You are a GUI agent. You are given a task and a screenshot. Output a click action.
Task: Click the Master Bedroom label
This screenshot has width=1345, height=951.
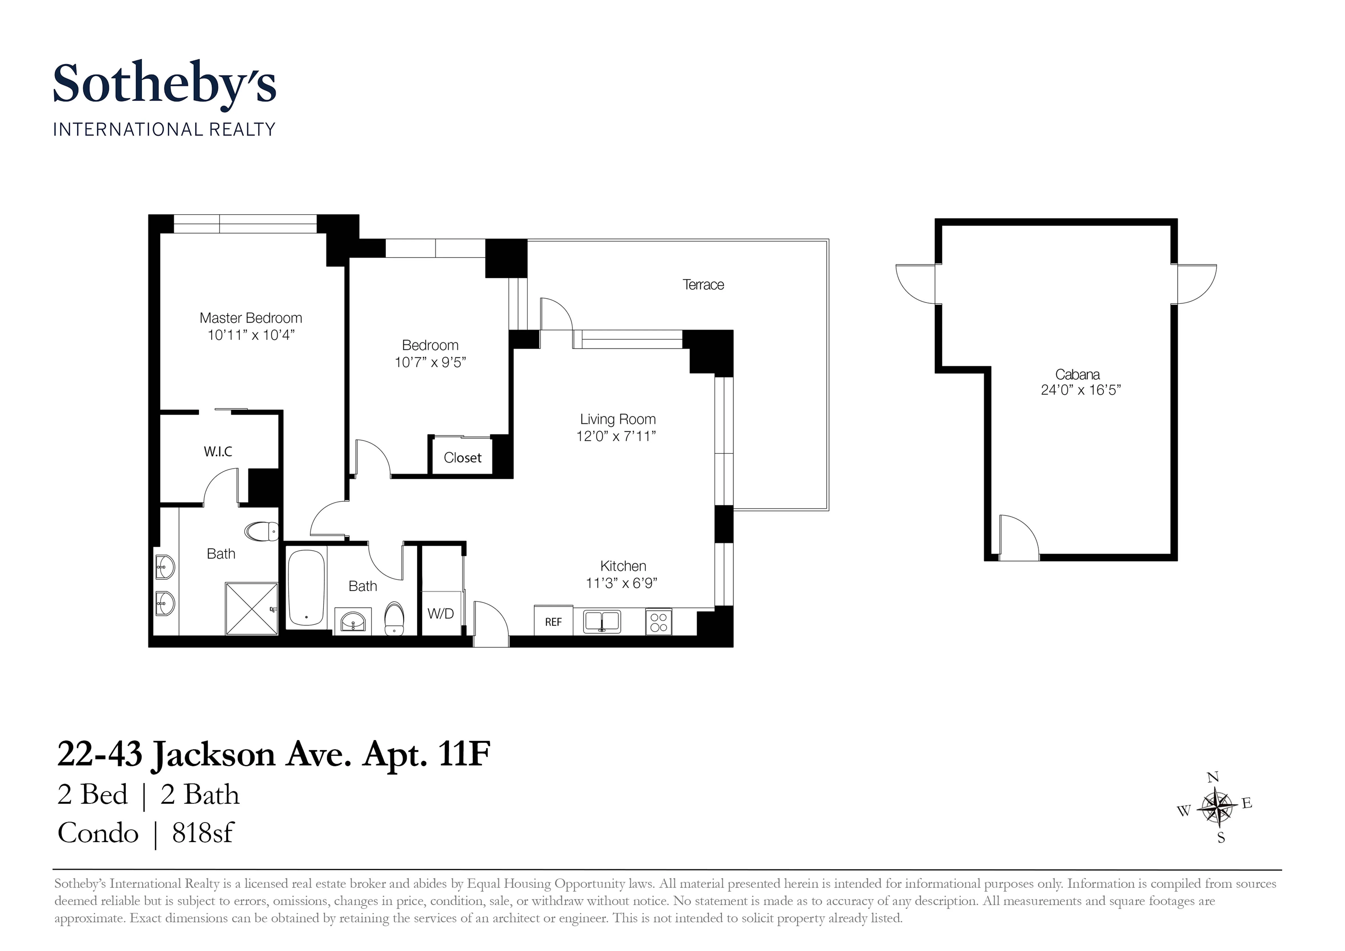251,318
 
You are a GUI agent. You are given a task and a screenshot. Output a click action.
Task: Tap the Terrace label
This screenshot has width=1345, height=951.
703,285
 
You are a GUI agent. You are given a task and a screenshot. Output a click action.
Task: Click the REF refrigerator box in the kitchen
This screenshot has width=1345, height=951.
553,622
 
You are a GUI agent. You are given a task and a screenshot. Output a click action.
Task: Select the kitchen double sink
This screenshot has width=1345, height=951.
602,622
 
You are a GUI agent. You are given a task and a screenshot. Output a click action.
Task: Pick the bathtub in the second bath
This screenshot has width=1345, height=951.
306,588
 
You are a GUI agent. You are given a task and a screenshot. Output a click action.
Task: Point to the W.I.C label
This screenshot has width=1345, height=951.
218,451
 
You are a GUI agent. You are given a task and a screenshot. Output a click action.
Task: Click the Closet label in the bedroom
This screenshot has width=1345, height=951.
462,458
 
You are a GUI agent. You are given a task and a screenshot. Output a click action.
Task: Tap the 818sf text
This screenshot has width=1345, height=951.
203,833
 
